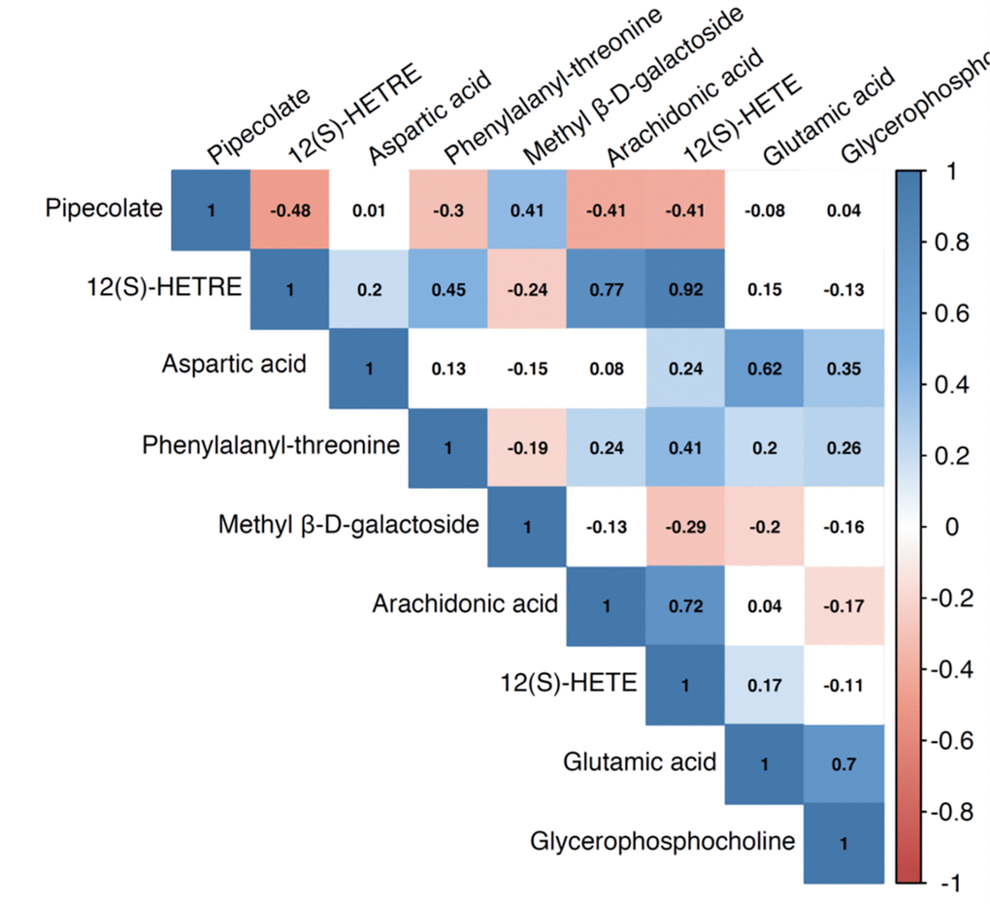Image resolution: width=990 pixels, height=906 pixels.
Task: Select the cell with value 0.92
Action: click(685, 289)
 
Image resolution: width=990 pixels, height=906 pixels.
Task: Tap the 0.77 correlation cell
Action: click(606, 289)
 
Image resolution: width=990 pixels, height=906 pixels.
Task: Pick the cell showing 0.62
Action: click(765, 368)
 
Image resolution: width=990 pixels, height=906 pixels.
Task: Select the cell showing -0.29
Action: click(685, 527)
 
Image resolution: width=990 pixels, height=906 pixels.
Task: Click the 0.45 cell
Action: click(448, 289)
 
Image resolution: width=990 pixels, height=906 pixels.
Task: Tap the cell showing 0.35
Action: click(843, 368)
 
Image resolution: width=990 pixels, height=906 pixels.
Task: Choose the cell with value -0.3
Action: click(448, 210)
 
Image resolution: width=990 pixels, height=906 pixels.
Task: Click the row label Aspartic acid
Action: click(234, 365)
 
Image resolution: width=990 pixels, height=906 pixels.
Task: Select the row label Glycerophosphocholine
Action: click(663, 841)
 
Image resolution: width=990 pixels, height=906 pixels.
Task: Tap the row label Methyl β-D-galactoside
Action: click(348, 525)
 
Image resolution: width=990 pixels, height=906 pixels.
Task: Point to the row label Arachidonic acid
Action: click(465, 604)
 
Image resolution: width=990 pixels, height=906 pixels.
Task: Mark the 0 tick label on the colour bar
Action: click(951, 528)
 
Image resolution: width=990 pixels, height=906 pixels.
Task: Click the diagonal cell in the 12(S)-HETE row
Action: click(685, 685)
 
